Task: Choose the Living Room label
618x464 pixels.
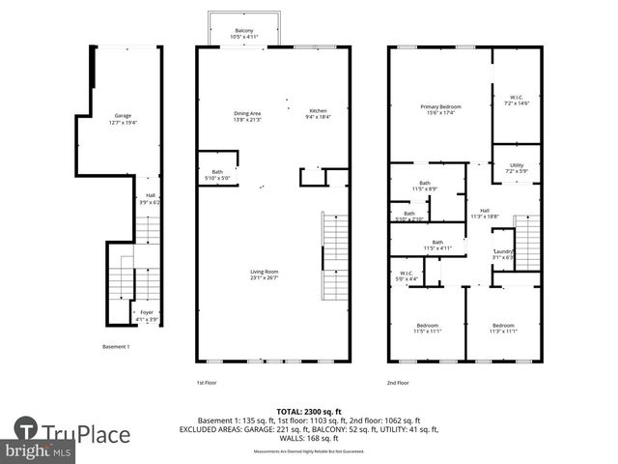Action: pos(264,275)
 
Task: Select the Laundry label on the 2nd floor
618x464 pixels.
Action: pos(504,253)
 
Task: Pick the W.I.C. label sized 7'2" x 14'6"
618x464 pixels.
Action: pos(517,100)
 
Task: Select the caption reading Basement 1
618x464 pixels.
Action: pos(117,346)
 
